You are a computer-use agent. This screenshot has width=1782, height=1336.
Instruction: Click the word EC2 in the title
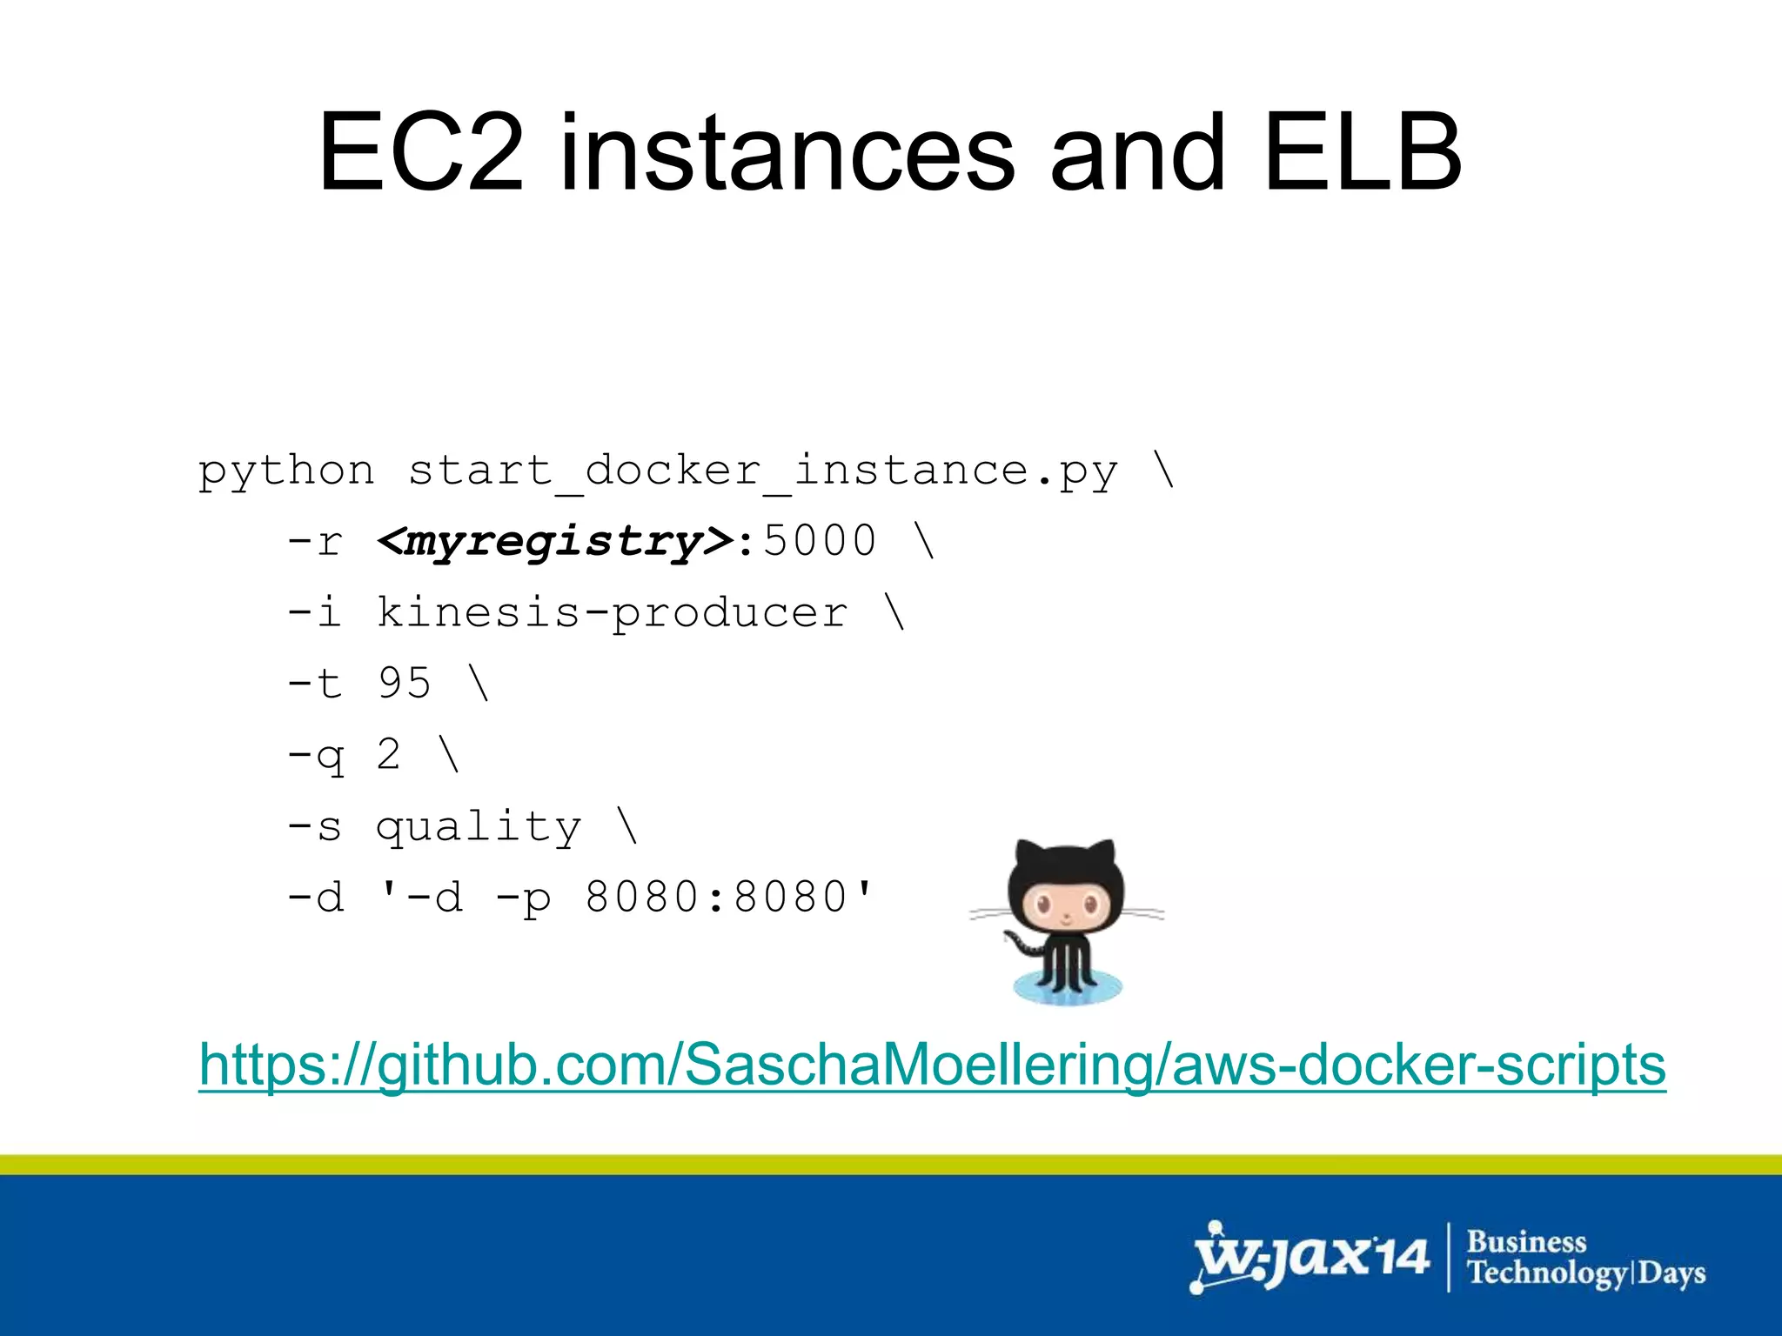[421, 153]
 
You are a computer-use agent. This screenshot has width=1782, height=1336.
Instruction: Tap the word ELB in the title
[1363, 153]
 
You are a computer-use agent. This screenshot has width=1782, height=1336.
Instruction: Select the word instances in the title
[787, 153]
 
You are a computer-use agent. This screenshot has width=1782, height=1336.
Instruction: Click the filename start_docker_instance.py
[762, 471]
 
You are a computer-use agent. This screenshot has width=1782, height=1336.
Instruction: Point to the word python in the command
[286, 471]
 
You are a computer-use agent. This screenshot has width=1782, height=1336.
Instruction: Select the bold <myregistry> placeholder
[556, 542]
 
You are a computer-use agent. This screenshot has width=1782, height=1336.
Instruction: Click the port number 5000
[820, 541]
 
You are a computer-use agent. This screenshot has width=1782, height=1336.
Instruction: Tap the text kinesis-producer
[612, 612]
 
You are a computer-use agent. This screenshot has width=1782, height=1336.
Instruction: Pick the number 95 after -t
[405, 683]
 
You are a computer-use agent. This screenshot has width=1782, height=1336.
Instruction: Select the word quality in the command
[479, 826]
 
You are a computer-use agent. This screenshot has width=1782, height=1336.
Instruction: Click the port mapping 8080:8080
[716, 897]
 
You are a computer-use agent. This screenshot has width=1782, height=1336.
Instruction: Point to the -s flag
[315, 826]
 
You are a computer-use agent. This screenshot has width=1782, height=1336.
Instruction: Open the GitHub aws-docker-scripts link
[932, 1064]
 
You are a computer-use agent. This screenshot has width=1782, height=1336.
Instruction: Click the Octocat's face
[1066, 909]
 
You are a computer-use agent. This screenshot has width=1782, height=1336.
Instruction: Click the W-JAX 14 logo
[1309, 1258]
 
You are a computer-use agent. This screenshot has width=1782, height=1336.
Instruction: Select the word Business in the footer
[1526, 1241]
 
